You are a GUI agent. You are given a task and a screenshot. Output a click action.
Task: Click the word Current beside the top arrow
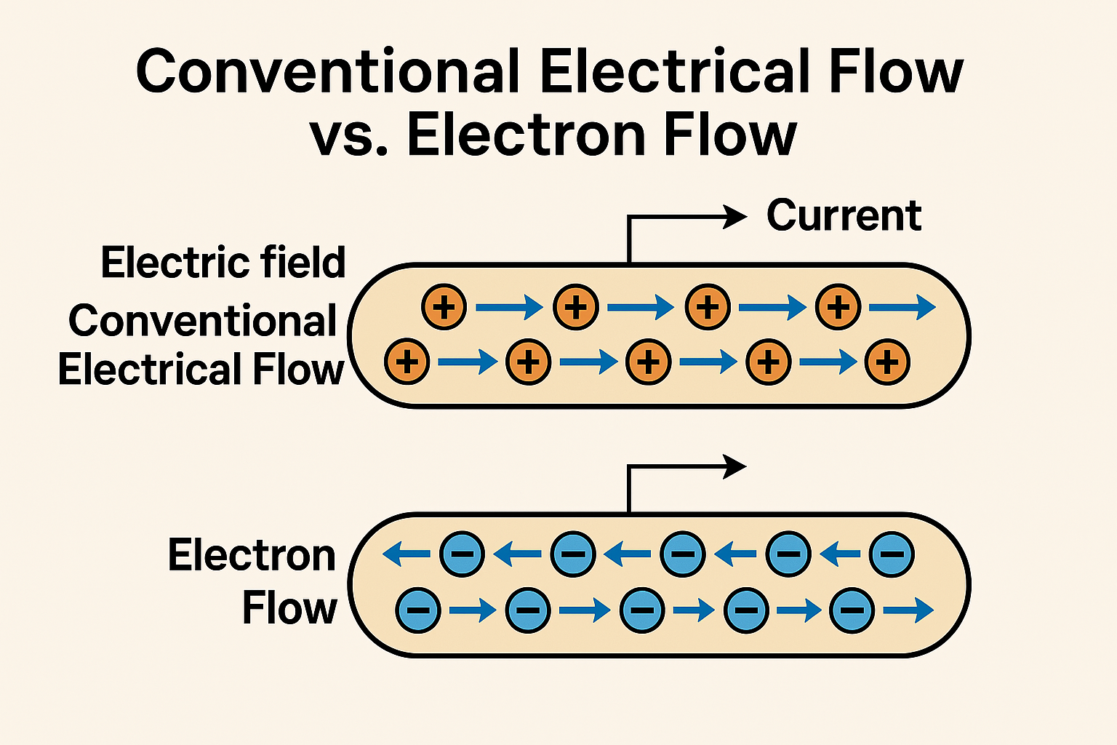point(844,215)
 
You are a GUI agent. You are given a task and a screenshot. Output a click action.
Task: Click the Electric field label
point(223,262)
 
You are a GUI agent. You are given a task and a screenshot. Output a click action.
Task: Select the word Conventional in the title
point(328,71)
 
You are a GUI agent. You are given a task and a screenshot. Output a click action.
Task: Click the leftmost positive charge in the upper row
point(444,306)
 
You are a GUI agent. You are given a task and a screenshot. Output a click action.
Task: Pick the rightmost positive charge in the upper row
point(838,306)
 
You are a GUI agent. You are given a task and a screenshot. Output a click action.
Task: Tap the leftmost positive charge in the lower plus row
point(407,362)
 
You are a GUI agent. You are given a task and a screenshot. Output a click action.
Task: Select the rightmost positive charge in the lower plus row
point(887,362)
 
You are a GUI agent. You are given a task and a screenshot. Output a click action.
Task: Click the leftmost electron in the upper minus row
point(463,554)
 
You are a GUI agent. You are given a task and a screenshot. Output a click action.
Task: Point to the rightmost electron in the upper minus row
point(892,554)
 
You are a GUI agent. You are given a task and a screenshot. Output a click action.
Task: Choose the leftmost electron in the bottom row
point(418,610)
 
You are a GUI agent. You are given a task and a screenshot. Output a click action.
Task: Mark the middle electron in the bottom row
point(642,610)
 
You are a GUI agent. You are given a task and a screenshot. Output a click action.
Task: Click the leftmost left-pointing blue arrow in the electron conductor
point(407,554)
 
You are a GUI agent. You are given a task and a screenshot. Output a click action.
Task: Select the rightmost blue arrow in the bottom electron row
point(908,610)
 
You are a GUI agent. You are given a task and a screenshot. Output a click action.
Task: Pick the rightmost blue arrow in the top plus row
point(902,307)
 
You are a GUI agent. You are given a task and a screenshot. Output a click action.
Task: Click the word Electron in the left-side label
point(252,555)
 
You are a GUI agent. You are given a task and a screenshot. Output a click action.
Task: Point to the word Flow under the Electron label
point(289,607)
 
